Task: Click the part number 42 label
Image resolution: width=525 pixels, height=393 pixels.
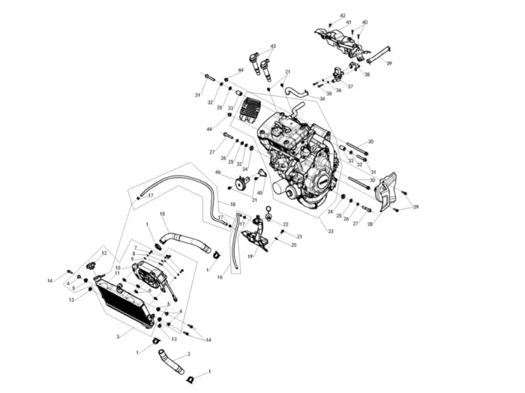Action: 343,15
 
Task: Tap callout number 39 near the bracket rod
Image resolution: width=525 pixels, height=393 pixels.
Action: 389,64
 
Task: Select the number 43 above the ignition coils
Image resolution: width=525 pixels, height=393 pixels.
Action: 272,46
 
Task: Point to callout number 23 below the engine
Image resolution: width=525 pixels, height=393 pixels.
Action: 331,232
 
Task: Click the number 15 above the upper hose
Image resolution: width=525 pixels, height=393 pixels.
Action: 162,214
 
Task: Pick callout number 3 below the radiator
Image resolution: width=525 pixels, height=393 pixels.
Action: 118,337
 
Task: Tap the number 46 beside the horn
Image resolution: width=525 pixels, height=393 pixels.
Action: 217,173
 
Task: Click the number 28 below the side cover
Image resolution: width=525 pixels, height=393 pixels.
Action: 370,224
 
